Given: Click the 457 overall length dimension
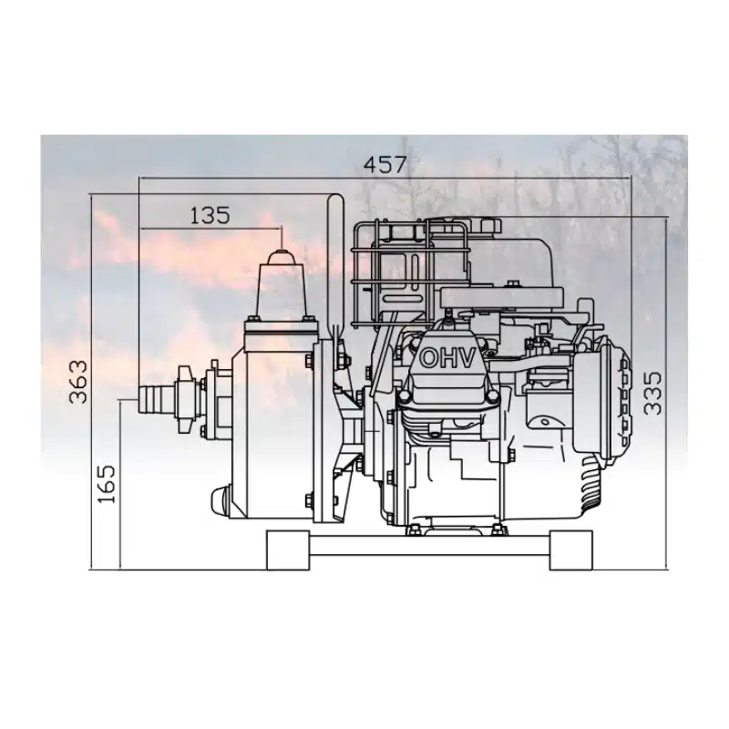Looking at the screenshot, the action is click(x=385, y=165).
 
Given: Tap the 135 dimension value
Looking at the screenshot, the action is click(x=210, y=215).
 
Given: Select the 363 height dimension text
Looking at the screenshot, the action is click(x=77, y=382).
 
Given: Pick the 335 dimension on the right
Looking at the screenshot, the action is click(x=652, y=393).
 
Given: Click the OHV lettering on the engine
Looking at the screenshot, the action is click(x=447, y=358).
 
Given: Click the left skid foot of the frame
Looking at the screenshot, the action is click(x=288, y=550).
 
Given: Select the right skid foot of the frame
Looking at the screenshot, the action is click(x=571, y=550).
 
